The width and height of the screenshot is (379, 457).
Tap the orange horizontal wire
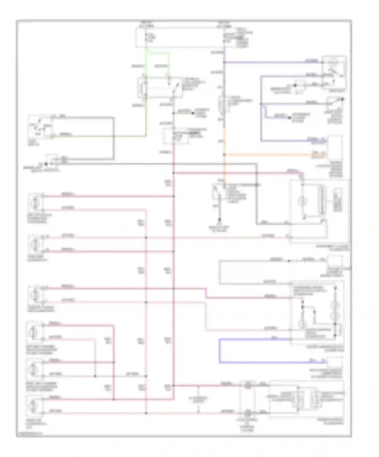[x=268, y=154]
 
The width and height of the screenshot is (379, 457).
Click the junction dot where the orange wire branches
[x=224, y=154]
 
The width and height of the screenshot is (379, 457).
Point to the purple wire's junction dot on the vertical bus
[x=224, y=62]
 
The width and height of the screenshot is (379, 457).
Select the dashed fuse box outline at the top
[x=180, y=37]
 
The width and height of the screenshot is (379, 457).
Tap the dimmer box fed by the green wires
[x=159, y=88]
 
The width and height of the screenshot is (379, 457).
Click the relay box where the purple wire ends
[x=334, y=72]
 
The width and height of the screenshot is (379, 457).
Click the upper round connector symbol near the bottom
[x=248, y=385]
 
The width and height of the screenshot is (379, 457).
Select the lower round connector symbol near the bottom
[x=248, y=413]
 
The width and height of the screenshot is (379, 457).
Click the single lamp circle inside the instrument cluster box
[x=302, y=201]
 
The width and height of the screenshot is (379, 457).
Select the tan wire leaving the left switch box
[x=101, y=136]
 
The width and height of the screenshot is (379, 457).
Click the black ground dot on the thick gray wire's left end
[x=46, y=164]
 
